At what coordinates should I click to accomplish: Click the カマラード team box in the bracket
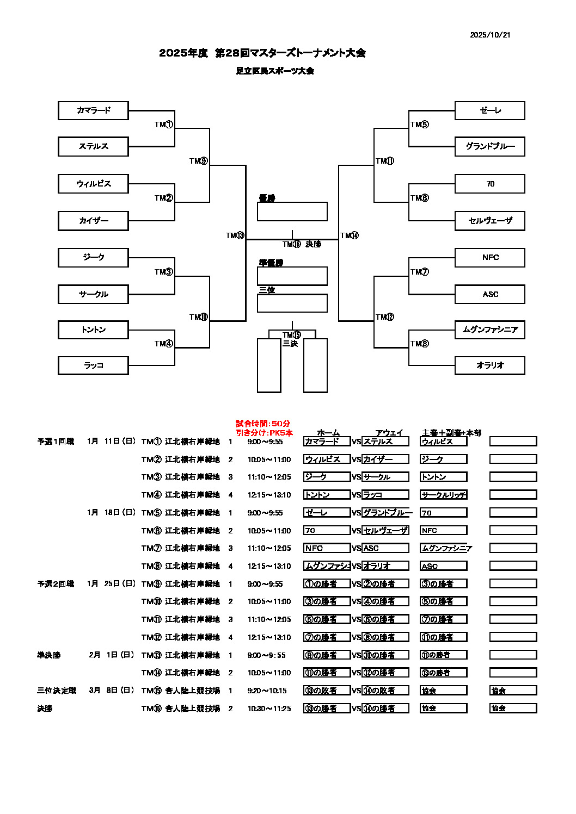point(93,110)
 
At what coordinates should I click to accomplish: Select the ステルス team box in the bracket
point(93,146)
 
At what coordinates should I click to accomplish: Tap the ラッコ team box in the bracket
point(93,365)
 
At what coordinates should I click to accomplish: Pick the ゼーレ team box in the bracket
point(490,110)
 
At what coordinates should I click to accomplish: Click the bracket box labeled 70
point(490,184)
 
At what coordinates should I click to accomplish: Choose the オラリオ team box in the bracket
point(490,365)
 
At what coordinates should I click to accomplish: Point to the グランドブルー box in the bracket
point(490,146)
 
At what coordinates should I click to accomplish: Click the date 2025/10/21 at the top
point(490,35)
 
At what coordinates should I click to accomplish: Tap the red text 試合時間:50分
point(263,423)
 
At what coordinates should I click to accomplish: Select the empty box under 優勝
point(292,212)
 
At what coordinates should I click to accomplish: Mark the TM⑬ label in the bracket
point(235,235)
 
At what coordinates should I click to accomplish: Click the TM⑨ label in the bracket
point(199,161)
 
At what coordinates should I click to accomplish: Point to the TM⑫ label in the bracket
point(385,317)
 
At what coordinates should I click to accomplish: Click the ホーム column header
point(328,433)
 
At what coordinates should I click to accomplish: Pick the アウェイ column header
point(389,433)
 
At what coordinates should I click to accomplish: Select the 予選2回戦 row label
point(56,583)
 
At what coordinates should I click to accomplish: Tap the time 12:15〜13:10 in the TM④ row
point(269,495)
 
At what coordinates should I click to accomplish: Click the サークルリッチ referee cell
point(444,495)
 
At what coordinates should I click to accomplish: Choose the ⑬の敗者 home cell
point(327,691)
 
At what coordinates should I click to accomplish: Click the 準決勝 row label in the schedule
point(49,655)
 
